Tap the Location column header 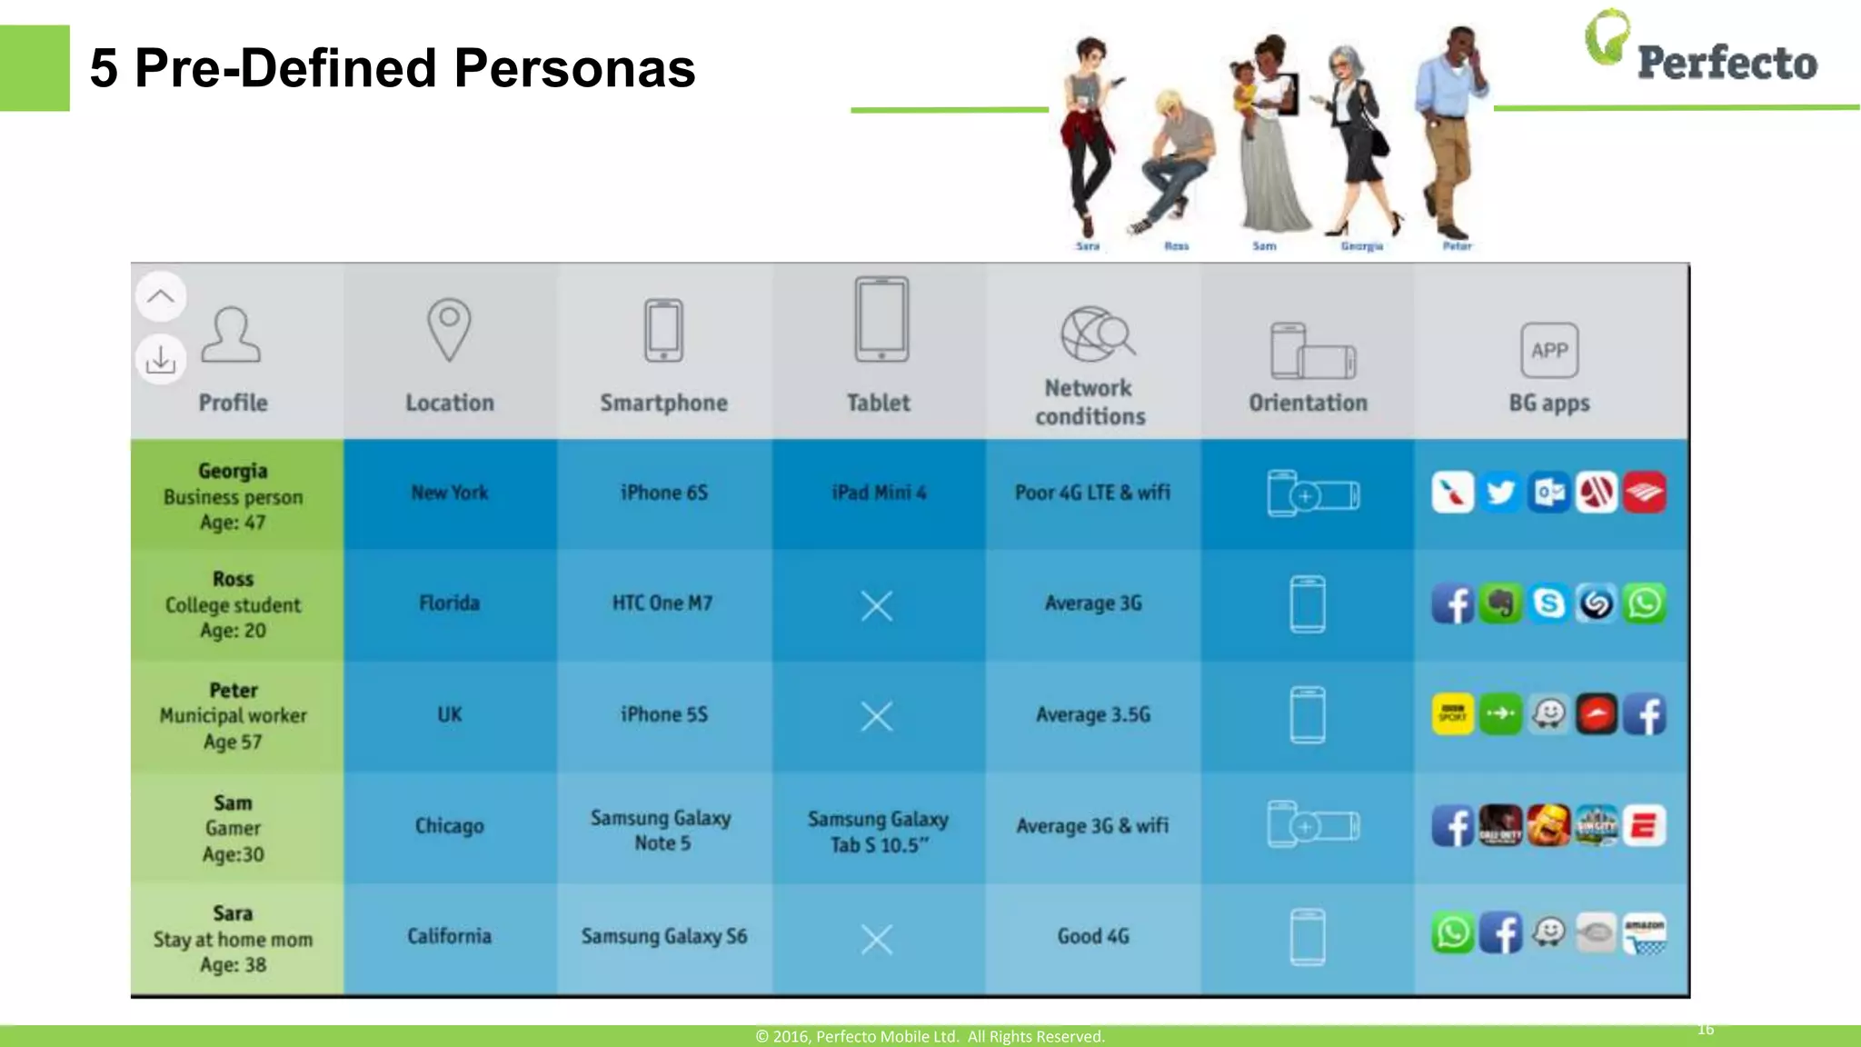click(x=450, y=402)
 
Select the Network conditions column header click(x=1090, y=402)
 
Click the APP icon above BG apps click(x=1549, y=350)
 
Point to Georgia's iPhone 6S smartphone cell click(x=663, y=493)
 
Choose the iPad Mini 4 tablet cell click(x=879, y=493)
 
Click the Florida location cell click(x=450, y=603)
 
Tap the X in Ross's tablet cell click(x=877, y=605)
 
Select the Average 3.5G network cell click(x=1093, y=714)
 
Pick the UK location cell click(x=450, y=714)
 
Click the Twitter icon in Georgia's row click(x=1500, y=493)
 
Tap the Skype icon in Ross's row click(x=1548, y=603)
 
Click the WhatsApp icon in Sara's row click(x=1452, y=933)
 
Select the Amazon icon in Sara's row click(x=1645, y=933)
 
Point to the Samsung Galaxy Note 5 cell click(x=662, y=830)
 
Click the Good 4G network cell click(x=1093, y=936)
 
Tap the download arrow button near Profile click(x=161, y=360)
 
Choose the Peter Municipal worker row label click(x=234, y=715)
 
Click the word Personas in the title click(x=574, y=68)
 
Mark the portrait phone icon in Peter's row click(x=1308, y=714)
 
